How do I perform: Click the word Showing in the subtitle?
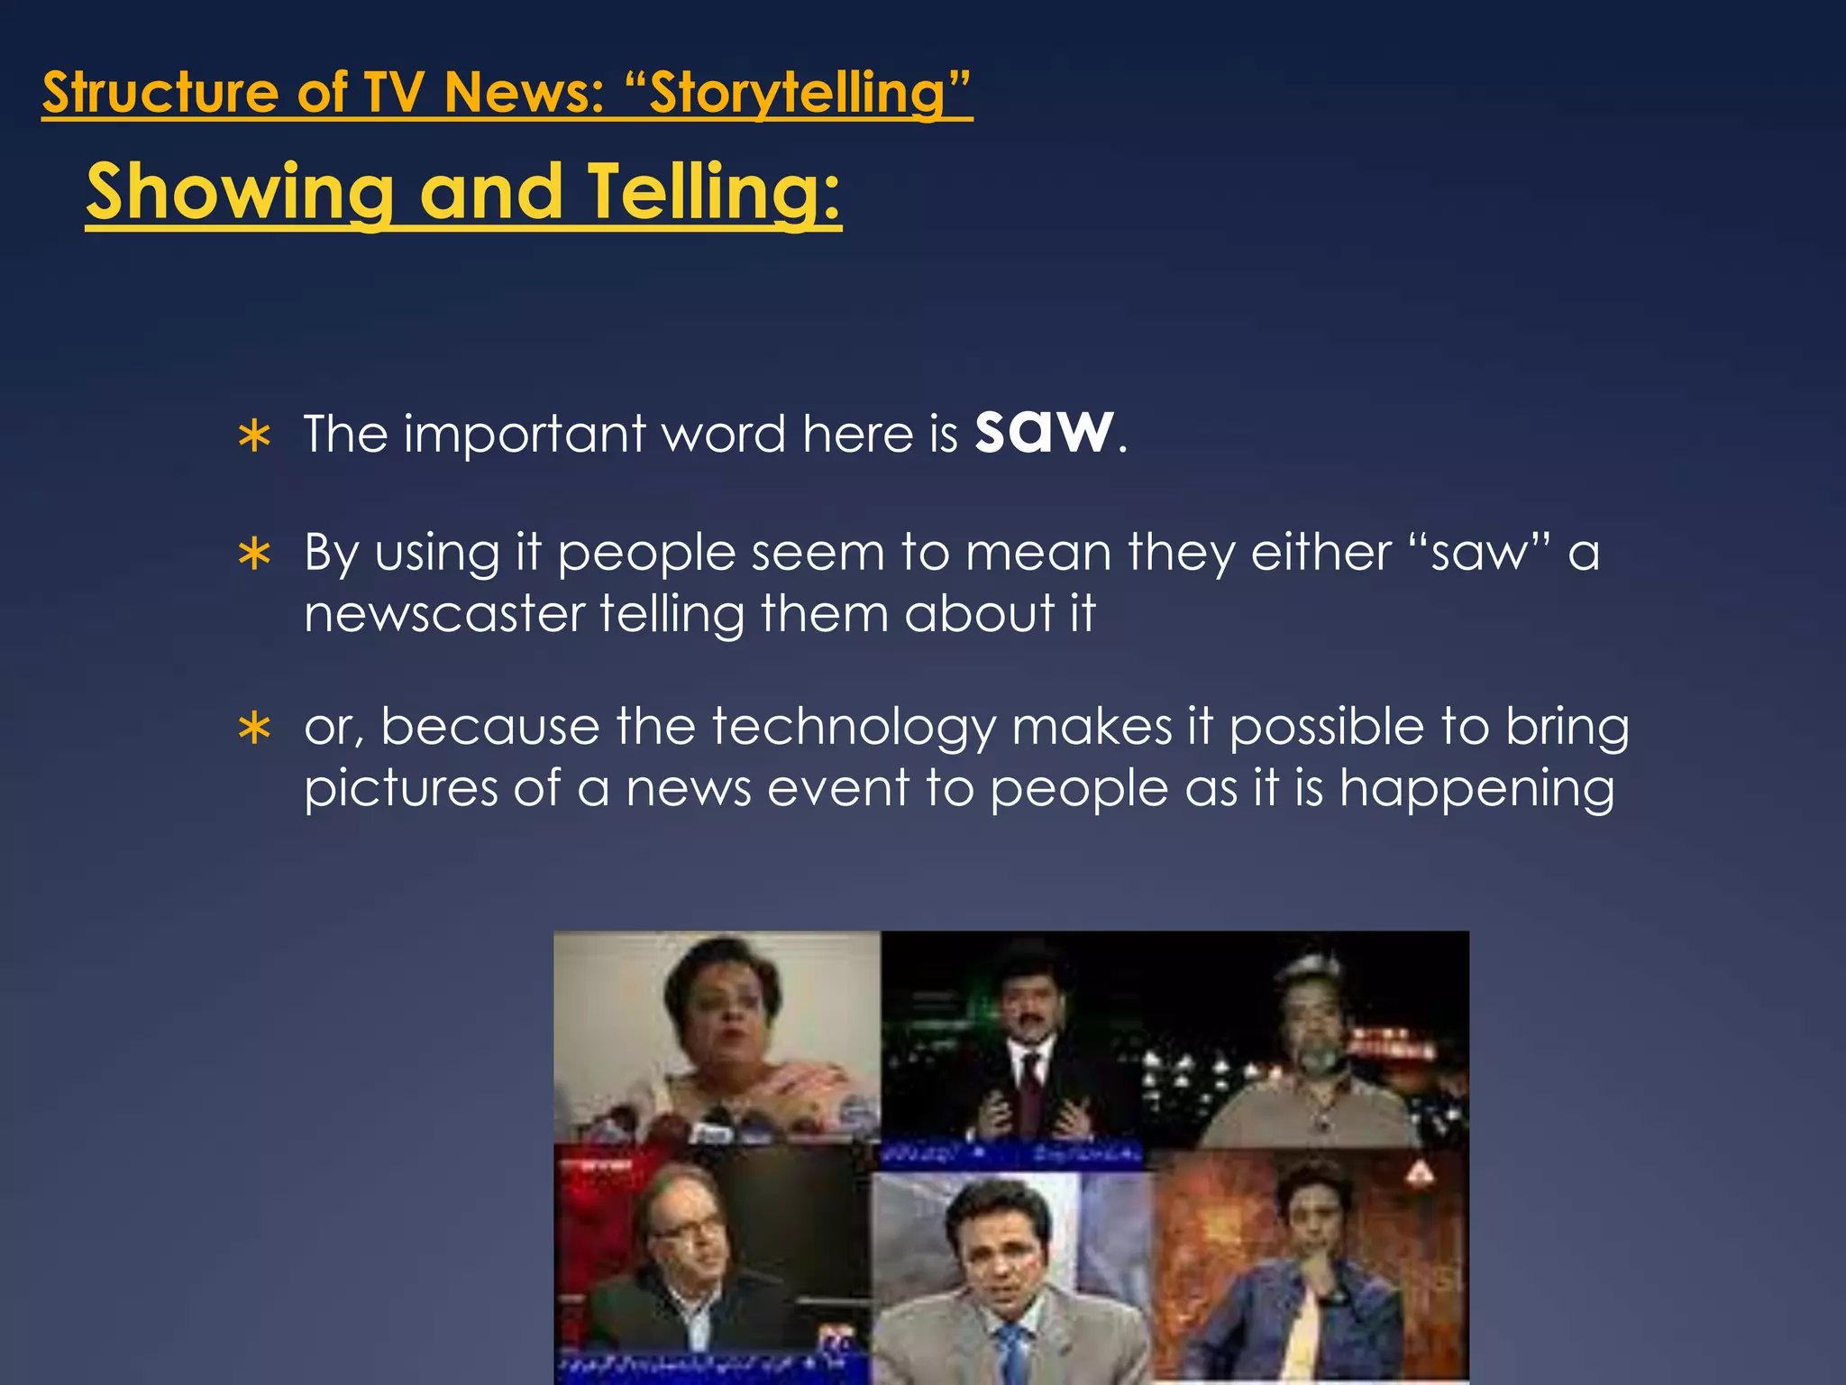(240, 191)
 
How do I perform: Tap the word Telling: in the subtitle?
(714, 191)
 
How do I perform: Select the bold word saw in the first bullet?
(1044, 431)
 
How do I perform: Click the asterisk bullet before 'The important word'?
(255, 436)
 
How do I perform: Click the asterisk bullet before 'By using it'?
(255, 555)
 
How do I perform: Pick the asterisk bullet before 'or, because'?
(255, 729)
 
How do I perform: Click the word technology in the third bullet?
(854, 727)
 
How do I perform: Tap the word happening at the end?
(1476, 788)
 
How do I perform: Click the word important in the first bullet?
(525, 435)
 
